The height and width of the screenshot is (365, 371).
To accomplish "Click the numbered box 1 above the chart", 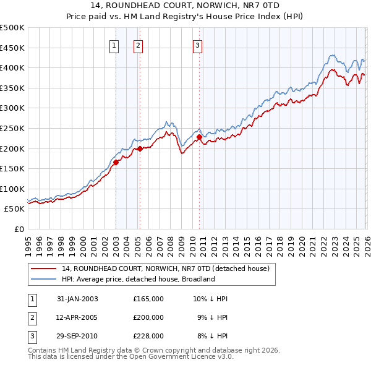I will [x=115, y=45].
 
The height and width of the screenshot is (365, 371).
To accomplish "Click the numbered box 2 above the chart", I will [x=138, y=45].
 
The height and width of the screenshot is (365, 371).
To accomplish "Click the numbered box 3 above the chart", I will [x=197, y=45].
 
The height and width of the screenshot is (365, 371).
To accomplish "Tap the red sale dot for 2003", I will [x=116, y=163].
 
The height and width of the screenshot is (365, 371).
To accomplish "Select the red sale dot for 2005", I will [x=140, y=148].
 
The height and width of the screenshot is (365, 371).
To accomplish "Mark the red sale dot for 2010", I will [x=200, y=137].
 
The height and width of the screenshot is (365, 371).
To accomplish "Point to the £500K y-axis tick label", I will [x=12, y=28].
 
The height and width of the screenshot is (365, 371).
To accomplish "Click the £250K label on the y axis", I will [x=12, y=128].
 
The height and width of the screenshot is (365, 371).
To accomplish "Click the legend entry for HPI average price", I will [x=137, y=279].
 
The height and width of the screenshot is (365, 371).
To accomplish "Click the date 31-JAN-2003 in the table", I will [x=77, y=299].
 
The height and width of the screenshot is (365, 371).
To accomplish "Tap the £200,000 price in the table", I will [x=148, y=317].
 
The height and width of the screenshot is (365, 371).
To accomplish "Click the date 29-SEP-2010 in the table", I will [x=77, y=336].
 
